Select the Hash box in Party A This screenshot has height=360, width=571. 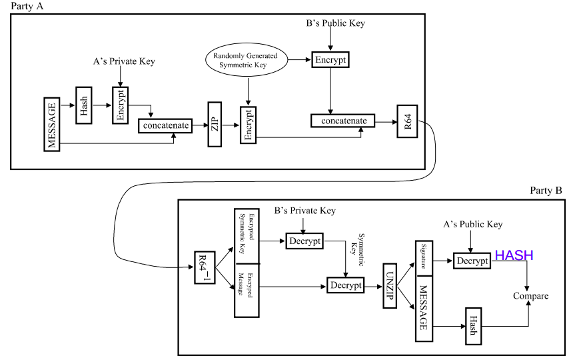(x=84, y=105)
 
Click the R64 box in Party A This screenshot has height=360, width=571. (x=406, y=121)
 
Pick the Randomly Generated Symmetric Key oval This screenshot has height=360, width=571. (x=246, y=61)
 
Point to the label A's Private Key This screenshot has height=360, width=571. (x=124, y=62)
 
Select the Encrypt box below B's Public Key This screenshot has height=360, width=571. (x=330, y=60)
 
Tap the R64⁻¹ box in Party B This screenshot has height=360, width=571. (x=205, y=268)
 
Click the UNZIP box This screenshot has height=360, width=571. (x=390, y=285)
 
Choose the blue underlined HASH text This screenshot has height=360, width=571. (x=514, y=255)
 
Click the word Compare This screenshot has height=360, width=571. (x=530, y=295)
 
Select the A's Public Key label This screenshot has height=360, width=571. (x=472, y=225)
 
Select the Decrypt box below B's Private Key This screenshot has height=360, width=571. (x=304, y=240)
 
